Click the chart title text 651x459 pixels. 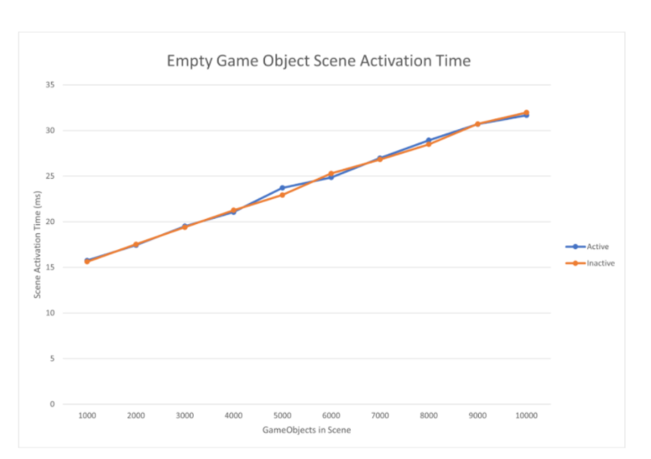pos(318,60)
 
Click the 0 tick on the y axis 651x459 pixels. pos(52,404)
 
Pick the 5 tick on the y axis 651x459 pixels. pos(52,358)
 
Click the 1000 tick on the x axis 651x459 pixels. pos(87,415)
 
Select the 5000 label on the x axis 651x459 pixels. pos(283,415)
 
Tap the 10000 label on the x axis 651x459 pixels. pos(527,415)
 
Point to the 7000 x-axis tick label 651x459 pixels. pos(380,415)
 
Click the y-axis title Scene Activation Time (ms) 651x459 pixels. pos(37,244)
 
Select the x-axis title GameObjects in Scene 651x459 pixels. pos(306,430)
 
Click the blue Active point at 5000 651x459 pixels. pos(283,188)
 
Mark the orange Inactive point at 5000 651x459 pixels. pos(283,195)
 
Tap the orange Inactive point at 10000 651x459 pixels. pos(527,112)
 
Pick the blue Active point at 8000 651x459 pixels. pos(429,140)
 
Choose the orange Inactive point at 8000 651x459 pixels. pos(429,144)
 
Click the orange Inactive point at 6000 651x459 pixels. pos(331,174)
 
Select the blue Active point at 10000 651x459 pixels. pos(527,115)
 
